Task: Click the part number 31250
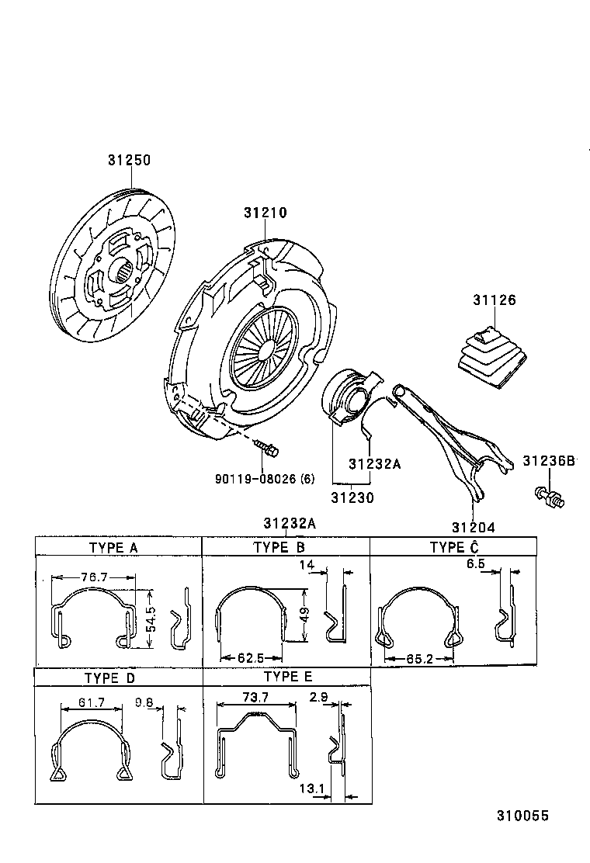point(129,161)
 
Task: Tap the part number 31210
point(265,212)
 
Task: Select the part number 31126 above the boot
point(495,300)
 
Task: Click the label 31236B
point(548,461)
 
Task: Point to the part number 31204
point(474,526)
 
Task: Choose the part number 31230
point(352,497)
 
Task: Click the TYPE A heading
point(113,547)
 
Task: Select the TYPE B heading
point(279,547)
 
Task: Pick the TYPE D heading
point(109,678)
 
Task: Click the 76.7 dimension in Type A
point(93,577)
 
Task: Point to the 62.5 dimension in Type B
point(251,657)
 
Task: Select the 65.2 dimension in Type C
point(418,658)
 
